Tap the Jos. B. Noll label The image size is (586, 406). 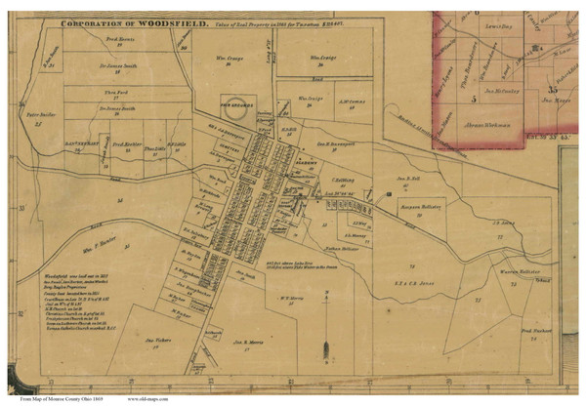click(407, 181)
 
